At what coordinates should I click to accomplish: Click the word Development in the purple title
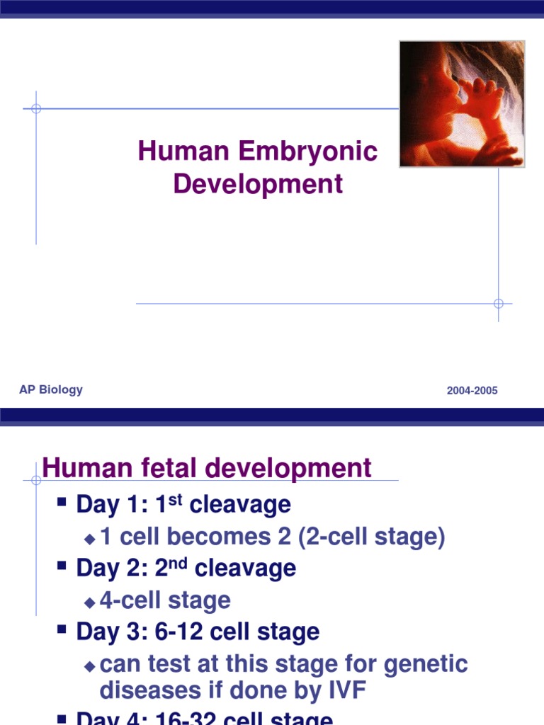[258, 184]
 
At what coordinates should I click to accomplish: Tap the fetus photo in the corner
[462, 103]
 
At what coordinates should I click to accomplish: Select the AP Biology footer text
[51, 389]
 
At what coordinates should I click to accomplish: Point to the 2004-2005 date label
[472, 391]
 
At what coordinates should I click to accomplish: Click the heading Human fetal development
[206, 468]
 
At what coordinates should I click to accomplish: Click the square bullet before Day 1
[62, 503]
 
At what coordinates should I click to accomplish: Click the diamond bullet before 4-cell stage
[89, 602]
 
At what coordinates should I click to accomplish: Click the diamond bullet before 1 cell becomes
[89, 538]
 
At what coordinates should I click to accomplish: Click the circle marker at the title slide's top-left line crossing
[36, 108]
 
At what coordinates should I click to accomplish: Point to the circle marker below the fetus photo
[498, 304]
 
